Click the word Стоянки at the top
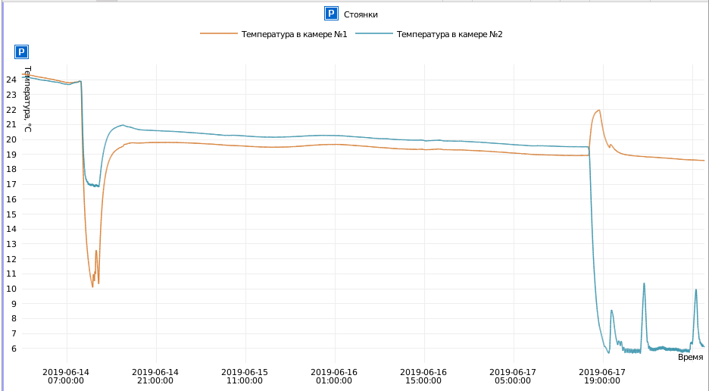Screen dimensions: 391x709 [x=361, y=14]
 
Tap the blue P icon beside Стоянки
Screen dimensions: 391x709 [x=330, y=14]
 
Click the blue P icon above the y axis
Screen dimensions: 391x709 [x=22, y=52]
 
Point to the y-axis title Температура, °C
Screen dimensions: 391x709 [x=27, y=99]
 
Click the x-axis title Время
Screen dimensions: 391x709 [x=690, y=357]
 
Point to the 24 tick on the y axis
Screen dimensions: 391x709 [x=11, y=80]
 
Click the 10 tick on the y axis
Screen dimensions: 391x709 [x=11, y=289]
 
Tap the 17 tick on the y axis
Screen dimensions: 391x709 [x=11, y=184]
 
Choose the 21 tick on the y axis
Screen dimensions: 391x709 [x=11, y=124]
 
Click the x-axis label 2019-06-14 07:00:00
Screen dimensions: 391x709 [x=66, y=377]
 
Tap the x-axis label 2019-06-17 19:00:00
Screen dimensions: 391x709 [x=602, y=377]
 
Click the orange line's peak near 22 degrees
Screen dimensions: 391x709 [x=599, y=111]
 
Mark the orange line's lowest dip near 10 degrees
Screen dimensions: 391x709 [x=92, y=286]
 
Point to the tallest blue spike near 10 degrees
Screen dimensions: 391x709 [x=644, y=283]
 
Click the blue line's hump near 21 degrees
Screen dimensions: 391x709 [x=122, y=125]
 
